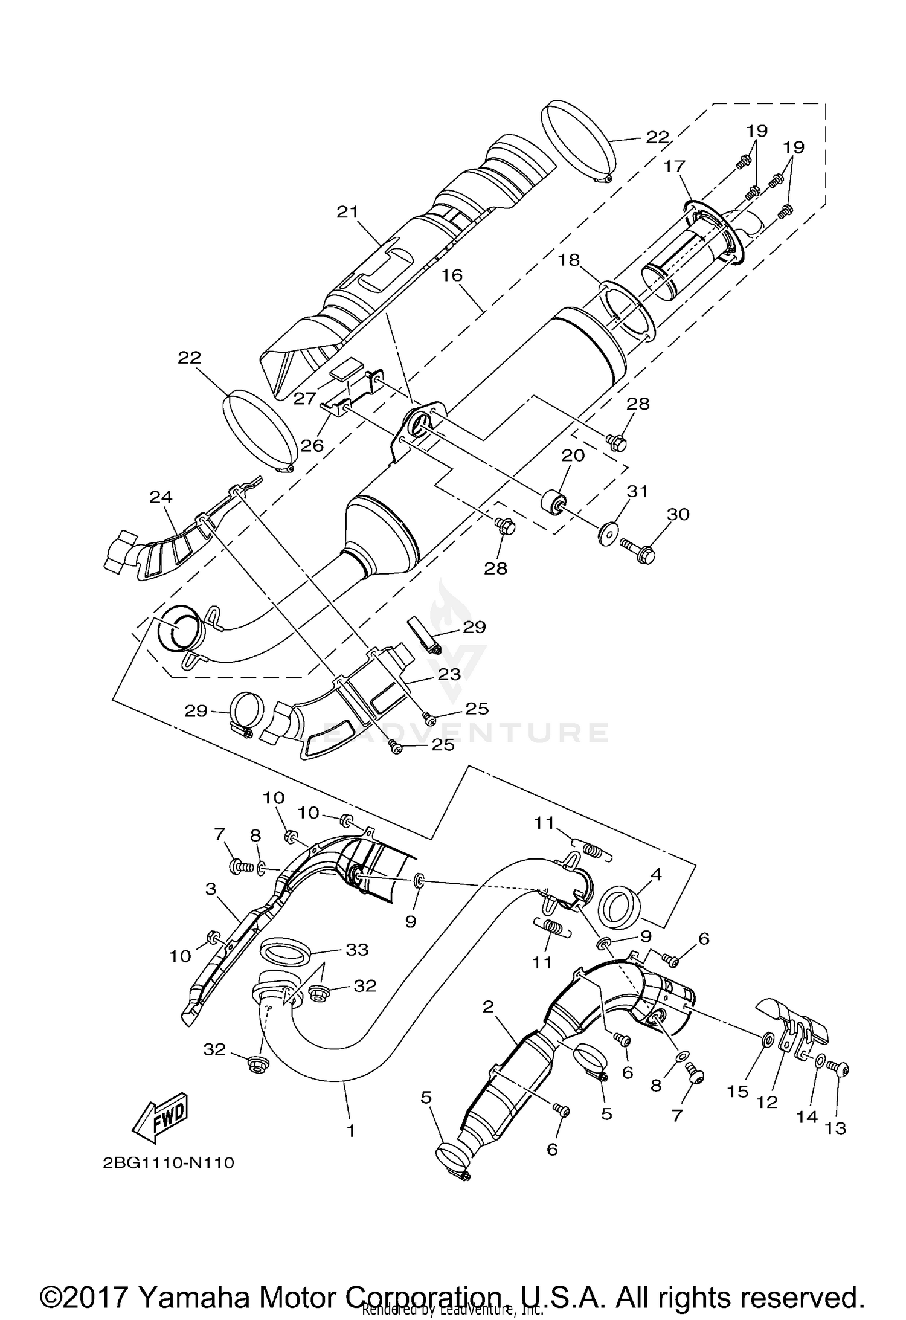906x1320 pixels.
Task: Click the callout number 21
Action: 348,212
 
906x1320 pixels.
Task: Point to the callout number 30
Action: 678,514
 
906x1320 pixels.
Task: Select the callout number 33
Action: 357,949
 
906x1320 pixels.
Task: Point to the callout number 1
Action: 351,1130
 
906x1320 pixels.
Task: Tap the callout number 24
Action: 161,497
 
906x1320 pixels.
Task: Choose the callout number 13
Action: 836,1127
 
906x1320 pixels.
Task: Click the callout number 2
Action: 488,1006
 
